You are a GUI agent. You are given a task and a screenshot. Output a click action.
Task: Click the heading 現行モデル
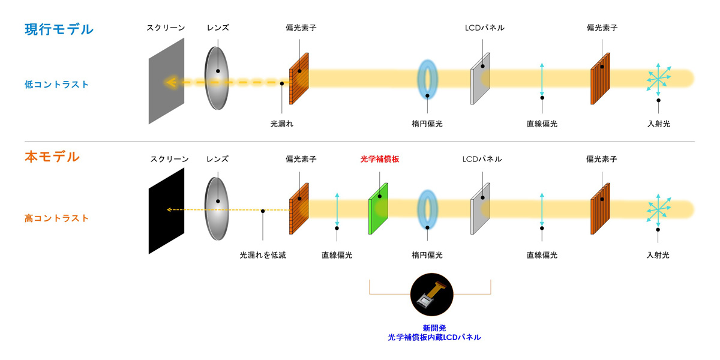pos(59,29)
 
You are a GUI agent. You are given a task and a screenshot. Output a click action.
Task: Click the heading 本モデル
pos(52,157)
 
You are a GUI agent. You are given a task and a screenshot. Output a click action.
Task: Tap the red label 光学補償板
pos(379,160)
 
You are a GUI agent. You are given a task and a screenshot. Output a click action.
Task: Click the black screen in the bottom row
pos(167,211)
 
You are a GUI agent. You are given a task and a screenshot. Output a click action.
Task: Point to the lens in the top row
pos(218,77)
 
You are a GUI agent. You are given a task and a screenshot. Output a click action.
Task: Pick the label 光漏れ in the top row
pos(282,124)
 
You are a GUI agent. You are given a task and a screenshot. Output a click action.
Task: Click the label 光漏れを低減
pos(263,255)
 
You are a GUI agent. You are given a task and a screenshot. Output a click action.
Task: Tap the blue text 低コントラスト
pos(56,85)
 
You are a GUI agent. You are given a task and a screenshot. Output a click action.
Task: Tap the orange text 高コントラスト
pos(56,218)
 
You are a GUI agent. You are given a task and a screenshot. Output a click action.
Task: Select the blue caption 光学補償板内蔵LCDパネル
pos(434,337)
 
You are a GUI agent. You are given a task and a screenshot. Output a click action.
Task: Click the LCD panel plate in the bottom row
pos(481,207)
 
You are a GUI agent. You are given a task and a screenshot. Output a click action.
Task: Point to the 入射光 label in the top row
pos(658,124)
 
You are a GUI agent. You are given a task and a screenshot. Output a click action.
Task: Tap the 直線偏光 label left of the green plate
pos(337,255)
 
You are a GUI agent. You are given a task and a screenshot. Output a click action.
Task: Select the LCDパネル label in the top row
pos(484,28)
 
